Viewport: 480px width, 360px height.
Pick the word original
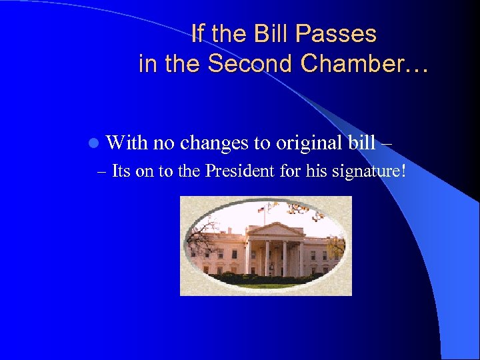click(304, 143)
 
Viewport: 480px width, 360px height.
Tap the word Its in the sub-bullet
click(121, 171)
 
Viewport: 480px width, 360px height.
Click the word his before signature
click(316, 171)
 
